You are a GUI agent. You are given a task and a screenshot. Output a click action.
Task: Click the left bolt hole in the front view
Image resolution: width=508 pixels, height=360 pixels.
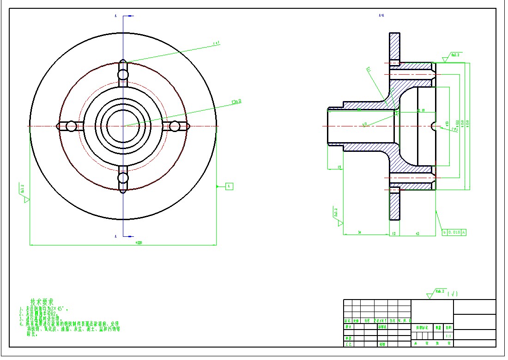click(x=71, y=126)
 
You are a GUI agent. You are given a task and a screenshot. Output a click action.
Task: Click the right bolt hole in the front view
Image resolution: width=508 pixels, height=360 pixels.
click(x=175, y=126)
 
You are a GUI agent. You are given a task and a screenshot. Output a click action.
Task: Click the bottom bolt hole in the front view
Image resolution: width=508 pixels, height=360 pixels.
click(x=123, y=178)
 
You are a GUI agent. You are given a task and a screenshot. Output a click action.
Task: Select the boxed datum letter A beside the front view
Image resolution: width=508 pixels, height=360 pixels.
click(x=230, y=186)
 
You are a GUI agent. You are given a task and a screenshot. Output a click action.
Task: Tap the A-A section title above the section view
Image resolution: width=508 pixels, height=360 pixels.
click(x=381, y=15)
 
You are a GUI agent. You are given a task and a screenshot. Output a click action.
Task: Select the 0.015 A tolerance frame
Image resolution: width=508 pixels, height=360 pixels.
click(x=454, y=232)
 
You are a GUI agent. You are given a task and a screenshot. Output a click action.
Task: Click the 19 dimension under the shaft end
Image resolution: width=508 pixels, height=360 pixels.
click(x=339, y=167)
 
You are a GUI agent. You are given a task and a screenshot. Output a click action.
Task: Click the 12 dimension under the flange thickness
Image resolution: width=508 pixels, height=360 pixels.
click(x=393, y=234)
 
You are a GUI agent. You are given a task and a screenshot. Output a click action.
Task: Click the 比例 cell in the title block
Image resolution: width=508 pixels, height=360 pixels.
click(x=448, y=327)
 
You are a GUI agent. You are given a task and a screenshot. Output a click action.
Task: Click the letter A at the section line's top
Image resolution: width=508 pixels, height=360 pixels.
click(x=116, y=16)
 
